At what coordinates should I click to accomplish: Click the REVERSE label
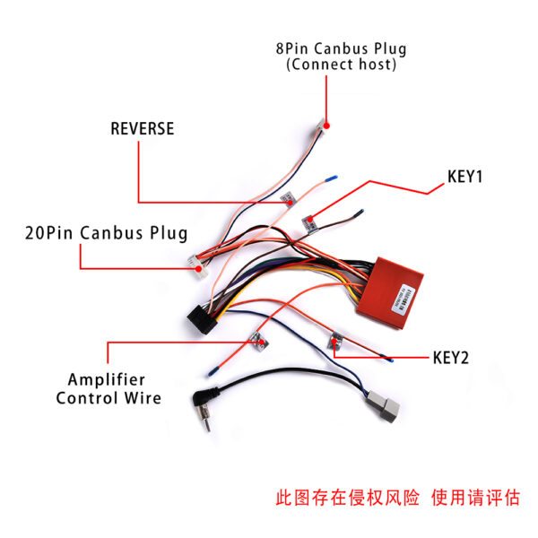tap(142, 128)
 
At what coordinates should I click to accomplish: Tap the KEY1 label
tap(464, 177)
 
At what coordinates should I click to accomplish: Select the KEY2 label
tap(451, 357)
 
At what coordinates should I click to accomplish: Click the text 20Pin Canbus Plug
tap(106, 233)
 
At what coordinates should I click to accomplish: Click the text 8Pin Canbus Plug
tap(341, 48)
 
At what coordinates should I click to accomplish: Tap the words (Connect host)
tap(341, 65)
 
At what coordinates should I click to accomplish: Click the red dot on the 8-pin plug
tap(327, 126)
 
